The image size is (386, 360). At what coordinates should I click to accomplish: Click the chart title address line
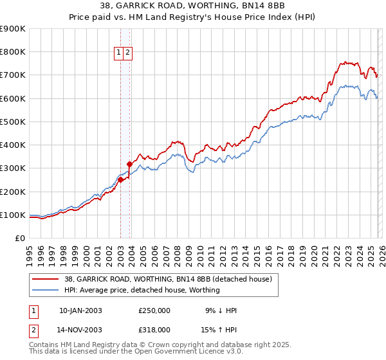193,6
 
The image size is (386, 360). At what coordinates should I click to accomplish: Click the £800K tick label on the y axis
13,52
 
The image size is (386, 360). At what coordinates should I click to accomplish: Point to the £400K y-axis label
13,145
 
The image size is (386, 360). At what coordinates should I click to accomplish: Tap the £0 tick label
20,239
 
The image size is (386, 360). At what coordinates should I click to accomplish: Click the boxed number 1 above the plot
120,53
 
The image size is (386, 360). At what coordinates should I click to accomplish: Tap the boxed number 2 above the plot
129,53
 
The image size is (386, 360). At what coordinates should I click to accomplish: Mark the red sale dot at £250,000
120,180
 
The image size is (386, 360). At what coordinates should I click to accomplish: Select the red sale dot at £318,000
129,164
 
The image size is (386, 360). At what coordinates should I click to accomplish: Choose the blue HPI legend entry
142,290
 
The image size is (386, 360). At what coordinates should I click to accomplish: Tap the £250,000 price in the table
154,310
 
